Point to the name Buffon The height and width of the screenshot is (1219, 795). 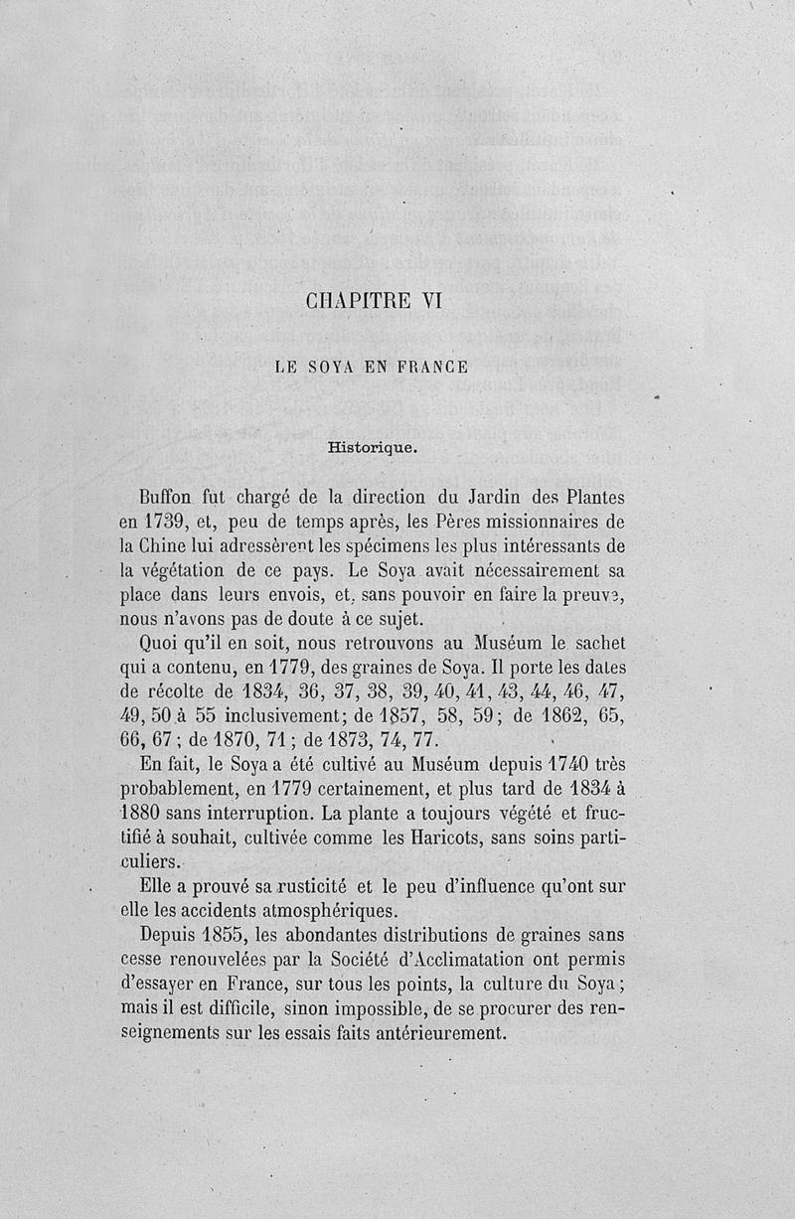[168, 496]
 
